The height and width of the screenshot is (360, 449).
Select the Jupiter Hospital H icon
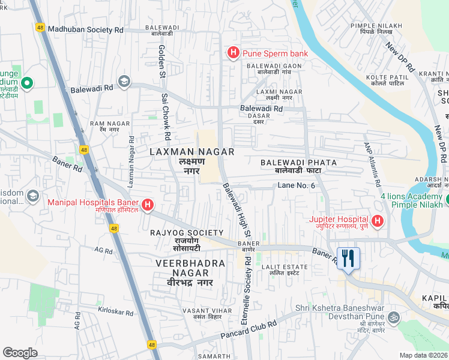[x=377, y=222]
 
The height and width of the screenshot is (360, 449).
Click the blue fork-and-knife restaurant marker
[x=348, y=259]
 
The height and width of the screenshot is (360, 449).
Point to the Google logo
[x=20, y=353]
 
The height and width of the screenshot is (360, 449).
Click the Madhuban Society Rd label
[x=85, y=29]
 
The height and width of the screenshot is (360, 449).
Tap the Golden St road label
[x=161, y=59]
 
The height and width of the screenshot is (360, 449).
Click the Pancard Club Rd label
[x=249, y=331]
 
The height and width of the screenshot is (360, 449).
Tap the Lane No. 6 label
[x=296, y=185]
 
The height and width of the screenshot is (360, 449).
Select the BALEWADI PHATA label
[x=298, y=163]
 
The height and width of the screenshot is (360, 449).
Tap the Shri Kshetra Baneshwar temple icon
[x=394, y=316]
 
